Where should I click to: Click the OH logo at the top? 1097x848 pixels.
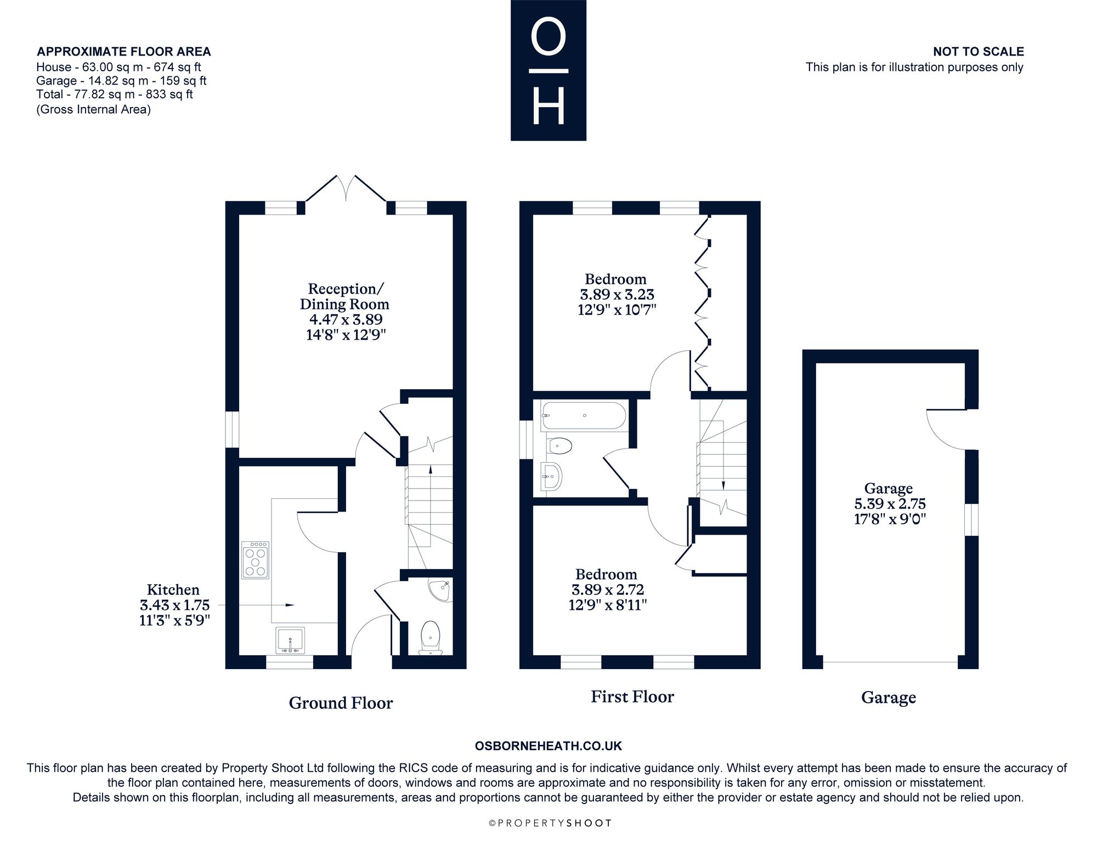pos(548,70)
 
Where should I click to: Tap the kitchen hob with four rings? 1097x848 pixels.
pos(256,560)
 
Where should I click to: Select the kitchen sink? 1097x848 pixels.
pos(291,639)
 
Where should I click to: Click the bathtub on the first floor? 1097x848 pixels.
pos(583,416)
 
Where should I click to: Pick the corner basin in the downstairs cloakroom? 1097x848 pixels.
pos(442,590)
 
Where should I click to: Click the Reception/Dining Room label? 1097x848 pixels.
pos(345,296)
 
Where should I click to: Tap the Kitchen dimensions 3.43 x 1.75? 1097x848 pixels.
pos(174,605)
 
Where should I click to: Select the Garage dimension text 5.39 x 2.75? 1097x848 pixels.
pos(890,503)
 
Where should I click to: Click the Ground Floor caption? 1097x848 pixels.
pos(341,703)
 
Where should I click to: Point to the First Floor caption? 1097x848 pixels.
pos(632,697)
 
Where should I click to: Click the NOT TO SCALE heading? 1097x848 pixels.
pos(979,52)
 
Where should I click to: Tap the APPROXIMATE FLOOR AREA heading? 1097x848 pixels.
pos(123,52)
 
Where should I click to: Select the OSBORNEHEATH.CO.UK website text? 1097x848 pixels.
pos(548,746)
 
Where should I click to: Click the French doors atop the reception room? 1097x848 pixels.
pos(346,188)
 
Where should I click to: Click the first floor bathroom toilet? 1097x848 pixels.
pos(559,446)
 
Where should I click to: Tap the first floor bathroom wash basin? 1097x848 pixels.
pos(551,476)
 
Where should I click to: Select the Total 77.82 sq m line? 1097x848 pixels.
pos(115,94)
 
